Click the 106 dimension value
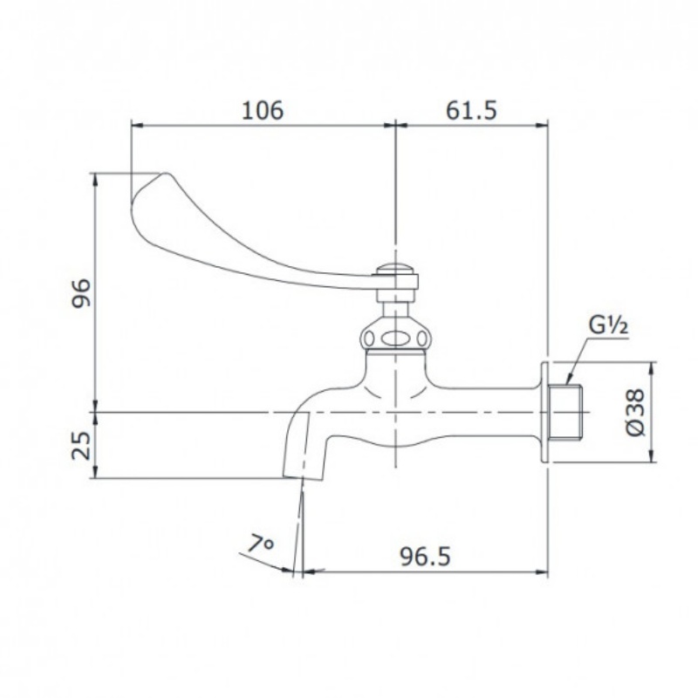pos(263,110)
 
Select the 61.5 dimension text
pos(471,110)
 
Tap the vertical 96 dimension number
pos(81,293)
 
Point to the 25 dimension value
pos(81,445)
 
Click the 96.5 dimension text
pos(425,557)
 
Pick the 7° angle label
pos(260,543)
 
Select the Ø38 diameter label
pos(635,412)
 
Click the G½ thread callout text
pos(608,325)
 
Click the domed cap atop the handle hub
pos(395,270)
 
